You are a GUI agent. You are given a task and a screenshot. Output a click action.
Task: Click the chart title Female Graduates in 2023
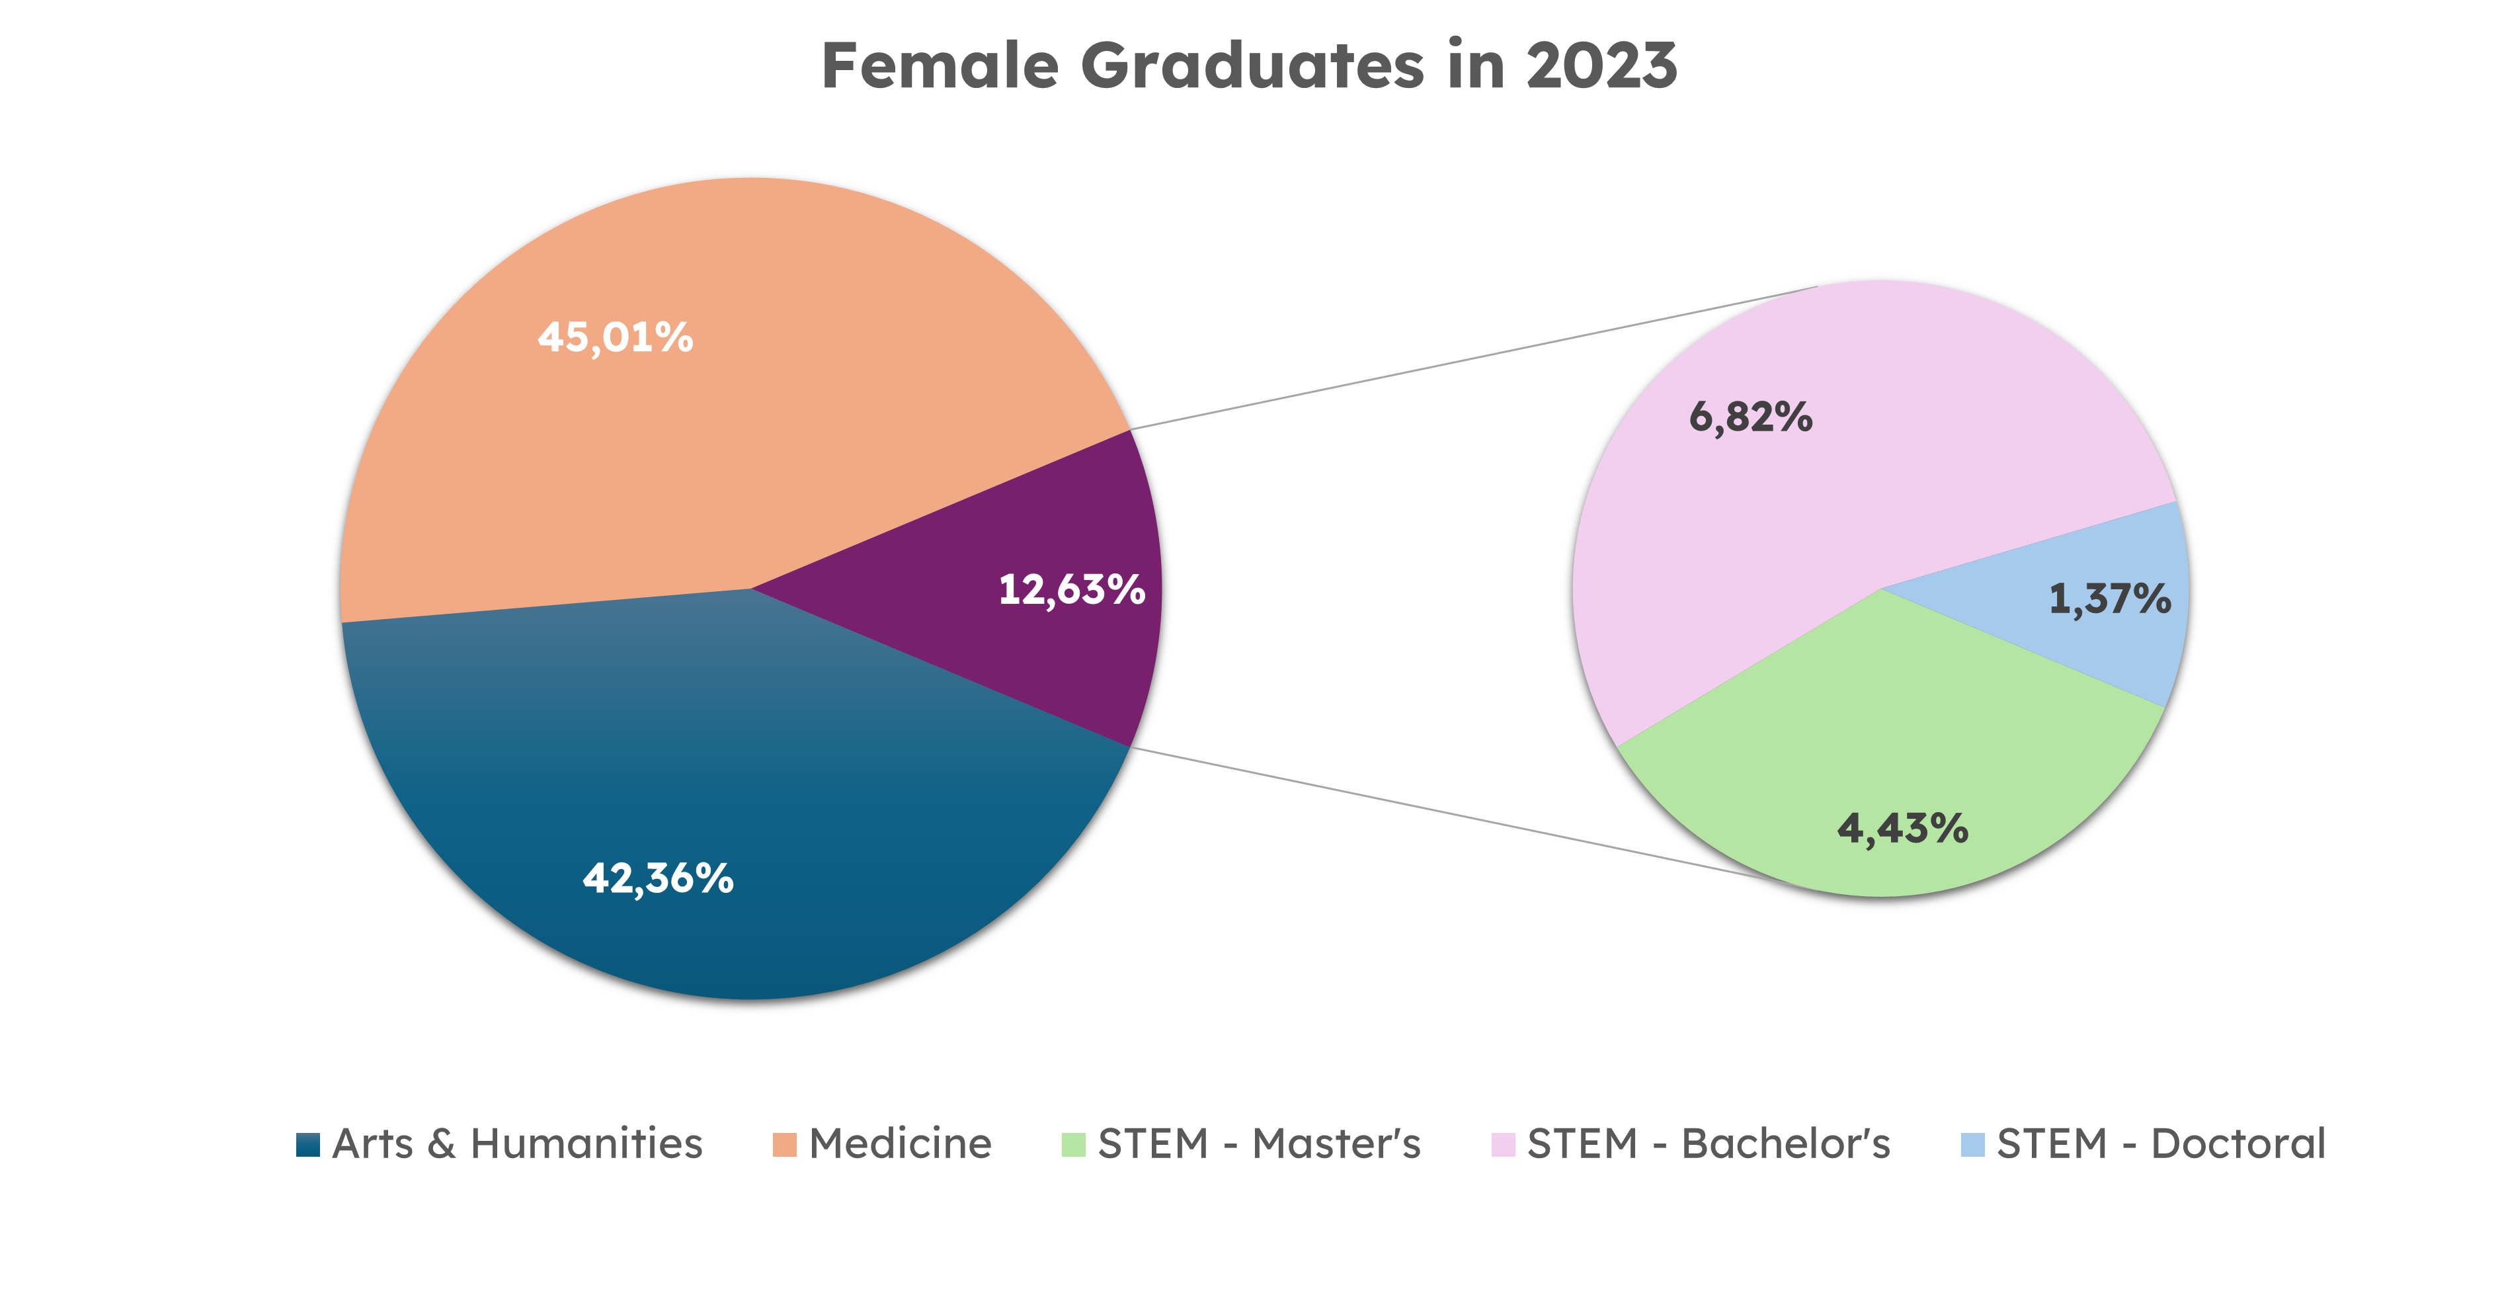[x=1249, y=66]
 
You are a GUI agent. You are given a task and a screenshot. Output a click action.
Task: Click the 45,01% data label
[x=616, y=337]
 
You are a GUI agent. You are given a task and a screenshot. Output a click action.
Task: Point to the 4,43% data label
[x=1902, y=828]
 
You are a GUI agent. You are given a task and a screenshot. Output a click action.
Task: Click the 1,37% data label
[x=2110, y=599]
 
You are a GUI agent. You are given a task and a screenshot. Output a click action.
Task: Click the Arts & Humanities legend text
[x=517, y=1144]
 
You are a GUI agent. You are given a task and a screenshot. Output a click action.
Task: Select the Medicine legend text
[x=900, y=1144]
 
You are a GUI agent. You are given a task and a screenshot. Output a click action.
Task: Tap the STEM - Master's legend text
[x=1259, y=1144]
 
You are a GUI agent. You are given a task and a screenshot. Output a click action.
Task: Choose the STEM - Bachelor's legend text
[x=1709, y=1144]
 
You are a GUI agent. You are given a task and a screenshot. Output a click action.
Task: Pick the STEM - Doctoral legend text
[x=2161, y=1144]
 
